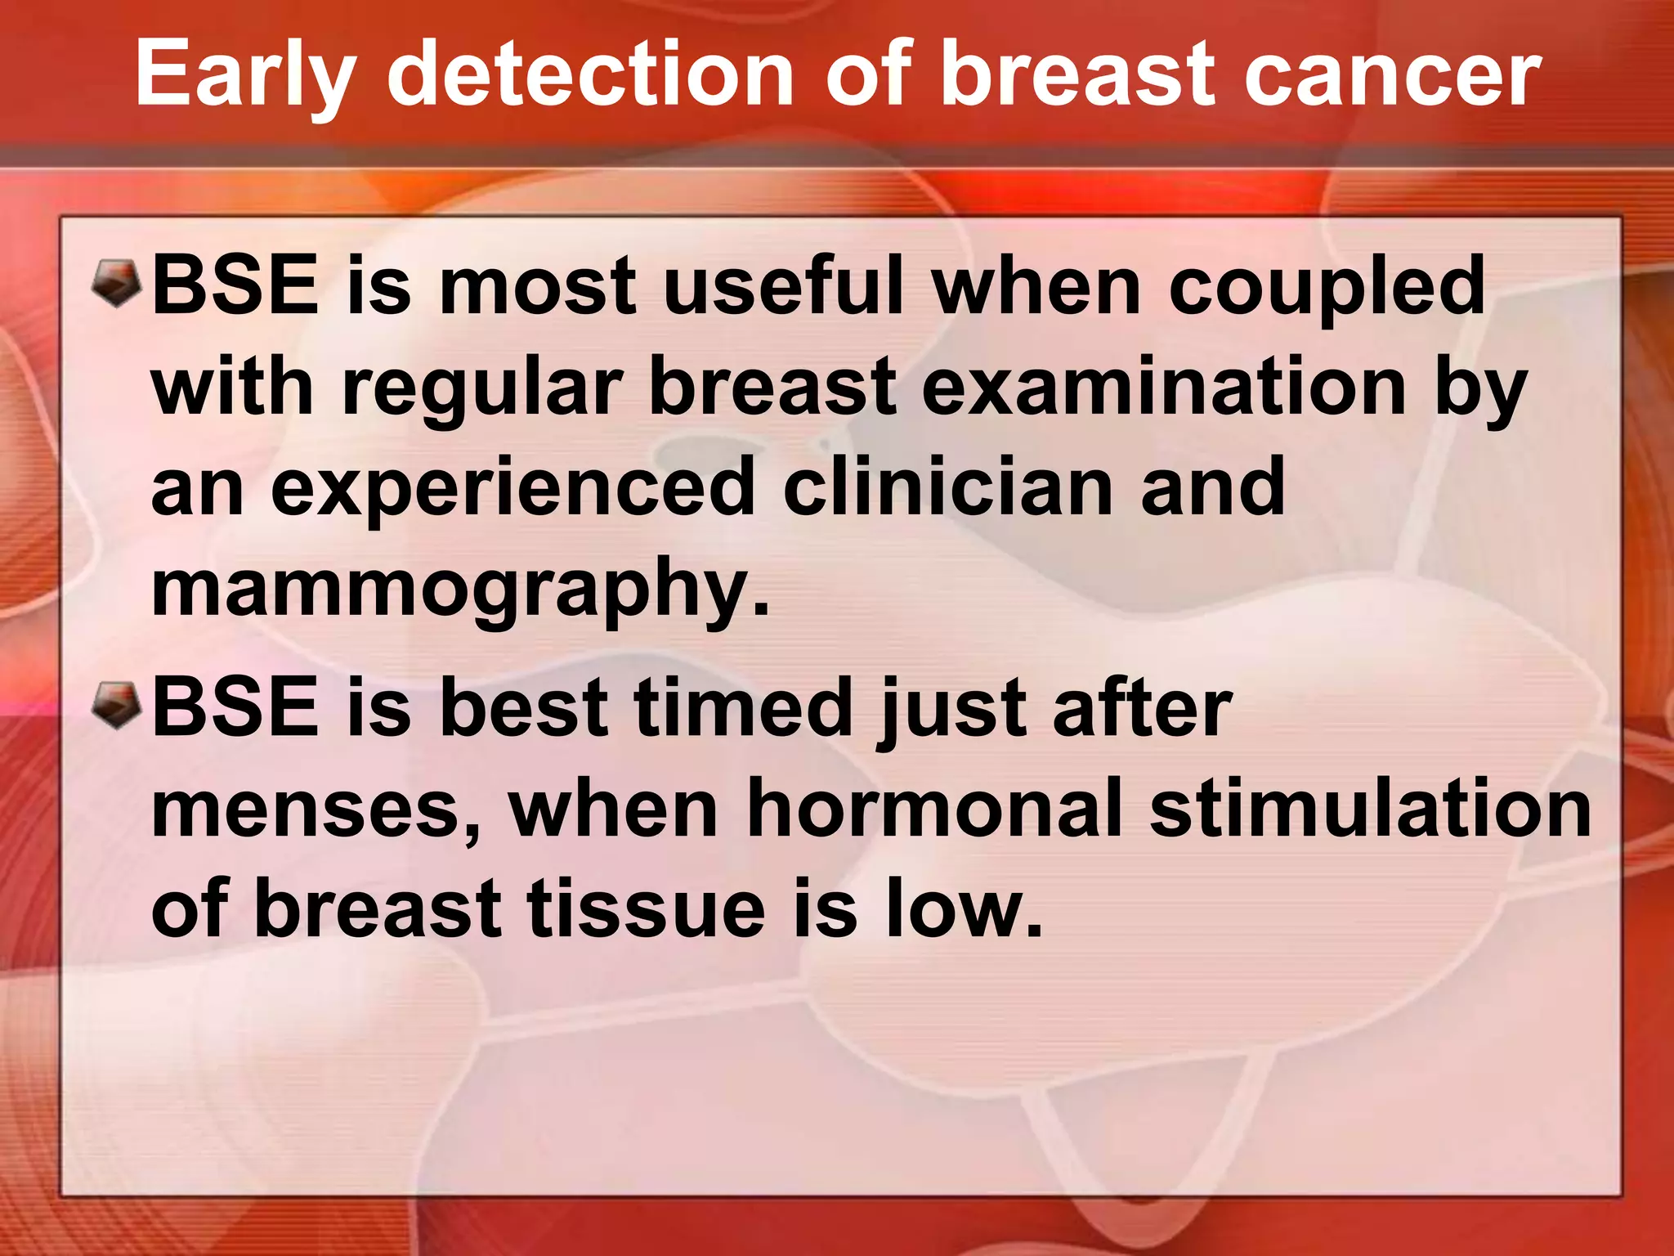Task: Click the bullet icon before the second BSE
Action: point(118,706)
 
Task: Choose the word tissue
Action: point(646,908)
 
